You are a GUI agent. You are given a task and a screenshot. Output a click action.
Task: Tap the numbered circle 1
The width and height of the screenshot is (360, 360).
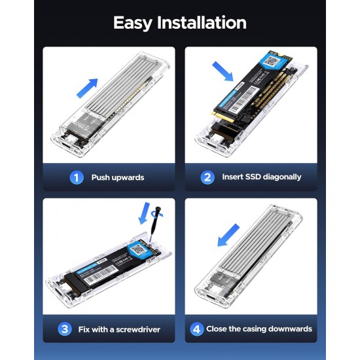[x=77, y=177]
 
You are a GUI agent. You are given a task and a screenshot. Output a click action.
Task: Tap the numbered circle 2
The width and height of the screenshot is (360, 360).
[x=207, y=177]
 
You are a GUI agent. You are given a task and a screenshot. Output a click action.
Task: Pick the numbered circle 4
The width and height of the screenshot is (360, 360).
[x=196, y=329]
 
